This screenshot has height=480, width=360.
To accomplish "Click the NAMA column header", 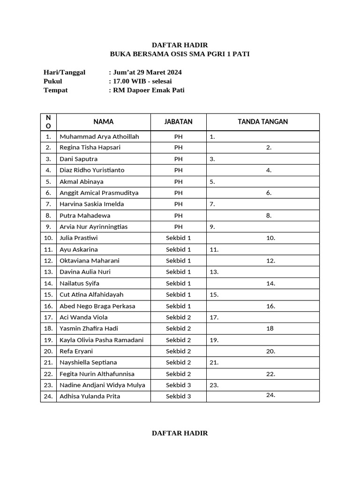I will coord(103,121).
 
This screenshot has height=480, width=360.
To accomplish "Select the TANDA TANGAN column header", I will coord(262,121).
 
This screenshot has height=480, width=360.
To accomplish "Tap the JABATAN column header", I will coord(178,121).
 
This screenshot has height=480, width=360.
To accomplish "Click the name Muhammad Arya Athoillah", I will coord(99,136).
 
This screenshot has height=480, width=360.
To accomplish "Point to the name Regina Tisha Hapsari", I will coord(90,148).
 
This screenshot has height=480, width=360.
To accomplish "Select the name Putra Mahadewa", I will coord(85,216).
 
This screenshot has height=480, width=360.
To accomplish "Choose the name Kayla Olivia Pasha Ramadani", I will coord(101,340).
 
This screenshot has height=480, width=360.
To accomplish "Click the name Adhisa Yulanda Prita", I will coord(90,397).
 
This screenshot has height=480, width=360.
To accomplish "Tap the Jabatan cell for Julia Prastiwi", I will coord(178,238).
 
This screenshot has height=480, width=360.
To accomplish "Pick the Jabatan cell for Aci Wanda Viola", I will coord(178,317).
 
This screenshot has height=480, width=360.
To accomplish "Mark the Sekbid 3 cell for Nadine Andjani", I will coord(178,385).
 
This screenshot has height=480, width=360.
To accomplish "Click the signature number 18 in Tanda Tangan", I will coord(270,329).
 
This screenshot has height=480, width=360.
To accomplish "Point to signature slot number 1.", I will coord(212,137).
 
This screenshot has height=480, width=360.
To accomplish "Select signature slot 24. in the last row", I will coord(270,395).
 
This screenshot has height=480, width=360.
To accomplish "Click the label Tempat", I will coord(55,90).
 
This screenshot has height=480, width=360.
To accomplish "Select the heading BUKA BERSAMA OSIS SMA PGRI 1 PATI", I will coord(180,54).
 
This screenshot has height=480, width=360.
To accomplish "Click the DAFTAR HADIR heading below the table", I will coord(180,433).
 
